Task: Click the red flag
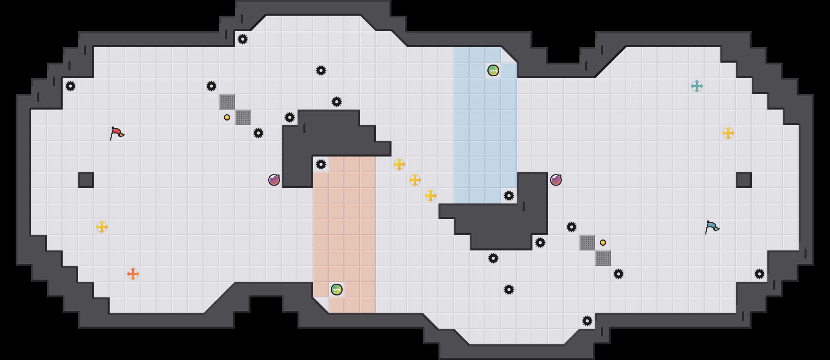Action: (x=117, y=133)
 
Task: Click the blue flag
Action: (x=712, y=227)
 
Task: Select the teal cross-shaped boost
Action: (x=697, y=86)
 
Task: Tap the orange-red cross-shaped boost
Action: (x=133, y=274)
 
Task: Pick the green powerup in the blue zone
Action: (x=493, y=70)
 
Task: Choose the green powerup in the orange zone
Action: (x=337, y=290)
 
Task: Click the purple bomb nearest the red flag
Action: (x=274, y=180)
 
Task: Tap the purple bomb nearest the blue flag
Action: (x=556, y=180)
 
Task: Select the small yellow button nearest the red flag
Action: (x=227, y=117)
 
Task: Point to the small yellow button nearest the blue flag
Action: (x=603, y=243)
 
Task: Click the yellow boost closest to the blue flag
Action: (x=728, y=133)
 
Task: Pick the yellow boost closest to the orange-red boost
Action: (x=102, y=227)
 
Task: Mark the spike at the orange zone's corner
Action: (x=321, y=164)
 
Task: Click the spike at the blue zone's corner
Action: (x=509, y=196)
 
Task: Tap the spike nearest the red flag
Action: (x=70, y=86)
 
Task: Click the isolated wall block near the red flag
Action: (x=86, y=180)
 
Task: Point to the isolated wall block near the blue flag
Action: (x=744, y=180)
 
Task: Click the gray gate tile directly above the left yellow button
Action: (x=227, y=102)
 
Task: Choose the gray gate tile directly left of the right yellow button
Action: (x=587, y=243)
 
